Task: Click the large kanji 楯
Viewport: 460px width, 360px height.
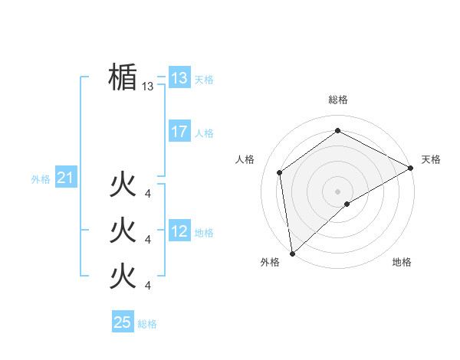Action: point(123,77)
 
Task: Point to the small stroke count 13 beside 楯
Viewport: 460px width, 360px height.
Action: point(148,87)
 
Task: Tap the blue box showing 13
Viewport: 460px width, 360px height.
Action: point(179,77)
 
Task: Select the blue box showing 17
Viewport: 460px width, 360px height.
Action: point(179,131)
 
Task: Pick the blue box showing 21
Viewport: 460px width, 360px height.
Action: point(66,178)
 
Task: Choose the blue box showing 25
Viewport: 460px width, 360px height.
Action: point(123,322)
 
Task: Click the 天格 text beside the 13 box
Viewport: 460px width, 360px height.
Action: point(204,80)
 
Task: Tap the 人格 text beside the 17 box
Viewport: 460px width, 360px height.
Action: point(204,133)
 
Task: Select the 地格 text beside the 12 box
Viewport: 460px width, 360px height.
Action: point(204,233)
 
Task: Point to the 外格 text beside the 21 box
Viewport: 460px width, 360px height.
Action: point(41,179)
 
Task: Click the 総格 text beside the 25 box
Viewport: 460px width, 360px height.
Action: point(147,324)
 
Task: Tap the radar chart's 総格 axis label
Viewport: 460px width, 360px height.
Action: point(337,100)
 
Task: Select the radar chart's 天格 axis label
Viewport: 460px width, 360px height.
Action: point(431,159)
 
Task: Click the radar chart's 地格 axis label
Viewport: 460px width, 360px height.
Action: point(402,262)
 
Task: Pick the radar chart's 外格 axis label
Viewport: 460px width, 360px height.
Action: point(270,262)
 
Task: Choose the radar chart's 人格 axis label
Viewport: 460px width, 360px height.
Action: point(245,159)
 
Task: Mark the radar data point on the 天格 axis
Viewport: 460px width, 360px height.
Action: point(411,168)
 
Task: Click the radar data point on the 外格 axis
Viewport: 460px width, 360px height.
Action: point(292,253)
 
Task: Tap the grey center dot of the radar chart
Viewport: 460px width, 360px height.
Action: point(337,191)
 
